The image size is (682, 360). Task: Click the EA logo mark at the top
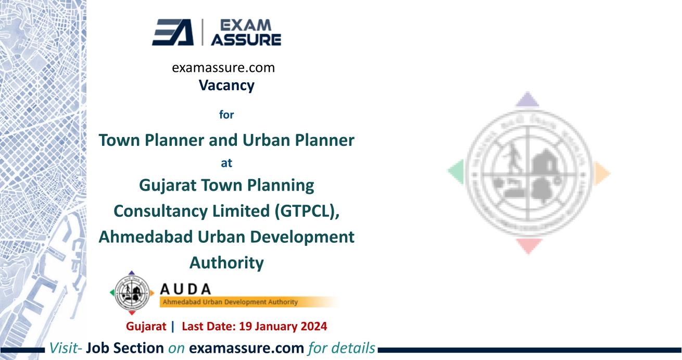pos(172,33)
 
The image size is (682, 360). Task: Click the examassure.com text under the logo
pos(223,68)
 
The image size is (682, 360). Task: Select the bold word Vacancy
pos(226,85)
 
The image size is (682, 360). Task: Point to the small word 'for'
pos(226,115)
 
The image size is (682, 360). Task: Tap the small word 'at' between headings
pos(226,163)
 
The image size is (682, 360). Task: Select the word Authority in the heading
pos(226,263)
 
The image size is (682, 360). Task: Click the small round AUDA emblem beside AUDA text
pos(132,293)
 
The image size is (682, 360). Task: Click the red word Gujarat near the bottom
pos(146,327)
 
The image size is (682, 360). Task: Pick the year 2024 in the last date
pos(313,327)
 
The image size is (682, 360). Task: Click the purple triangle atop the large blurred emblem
pos(528,99)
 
